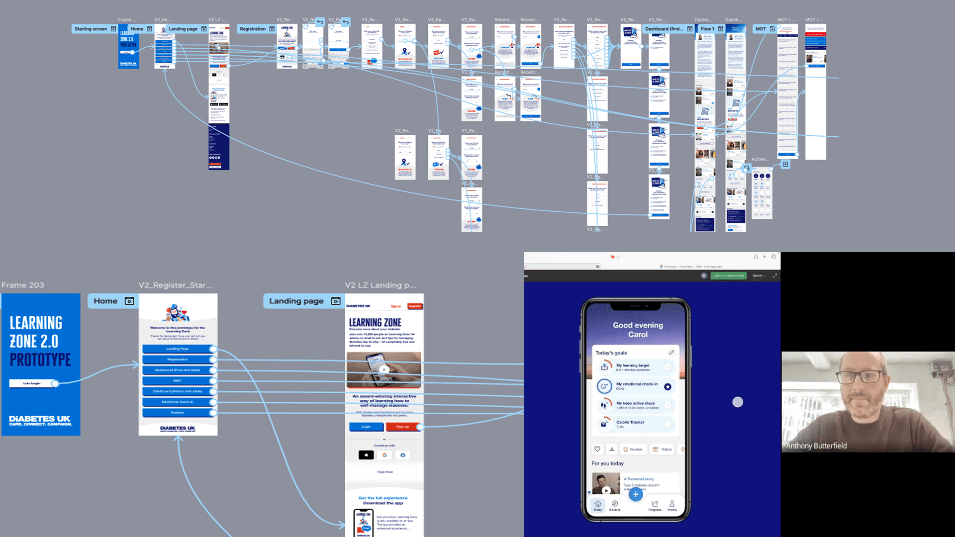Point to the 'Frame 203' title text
pos(23,285)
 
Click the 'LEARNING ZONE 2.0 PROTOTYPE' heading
pos(40,341)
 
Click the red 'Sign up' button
pos(403,427)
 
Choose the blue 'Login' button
pos(366,427)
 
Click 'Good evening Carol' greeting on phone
pos(638,330)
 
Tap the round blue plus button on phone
pos(635,494)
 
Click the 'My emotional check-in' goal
pos(636,386)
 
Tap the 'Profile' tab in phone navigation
pos(672,505)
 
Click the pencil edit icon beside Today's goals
pos(671,353)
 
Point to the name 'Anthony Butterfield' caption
pos(816,446)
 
